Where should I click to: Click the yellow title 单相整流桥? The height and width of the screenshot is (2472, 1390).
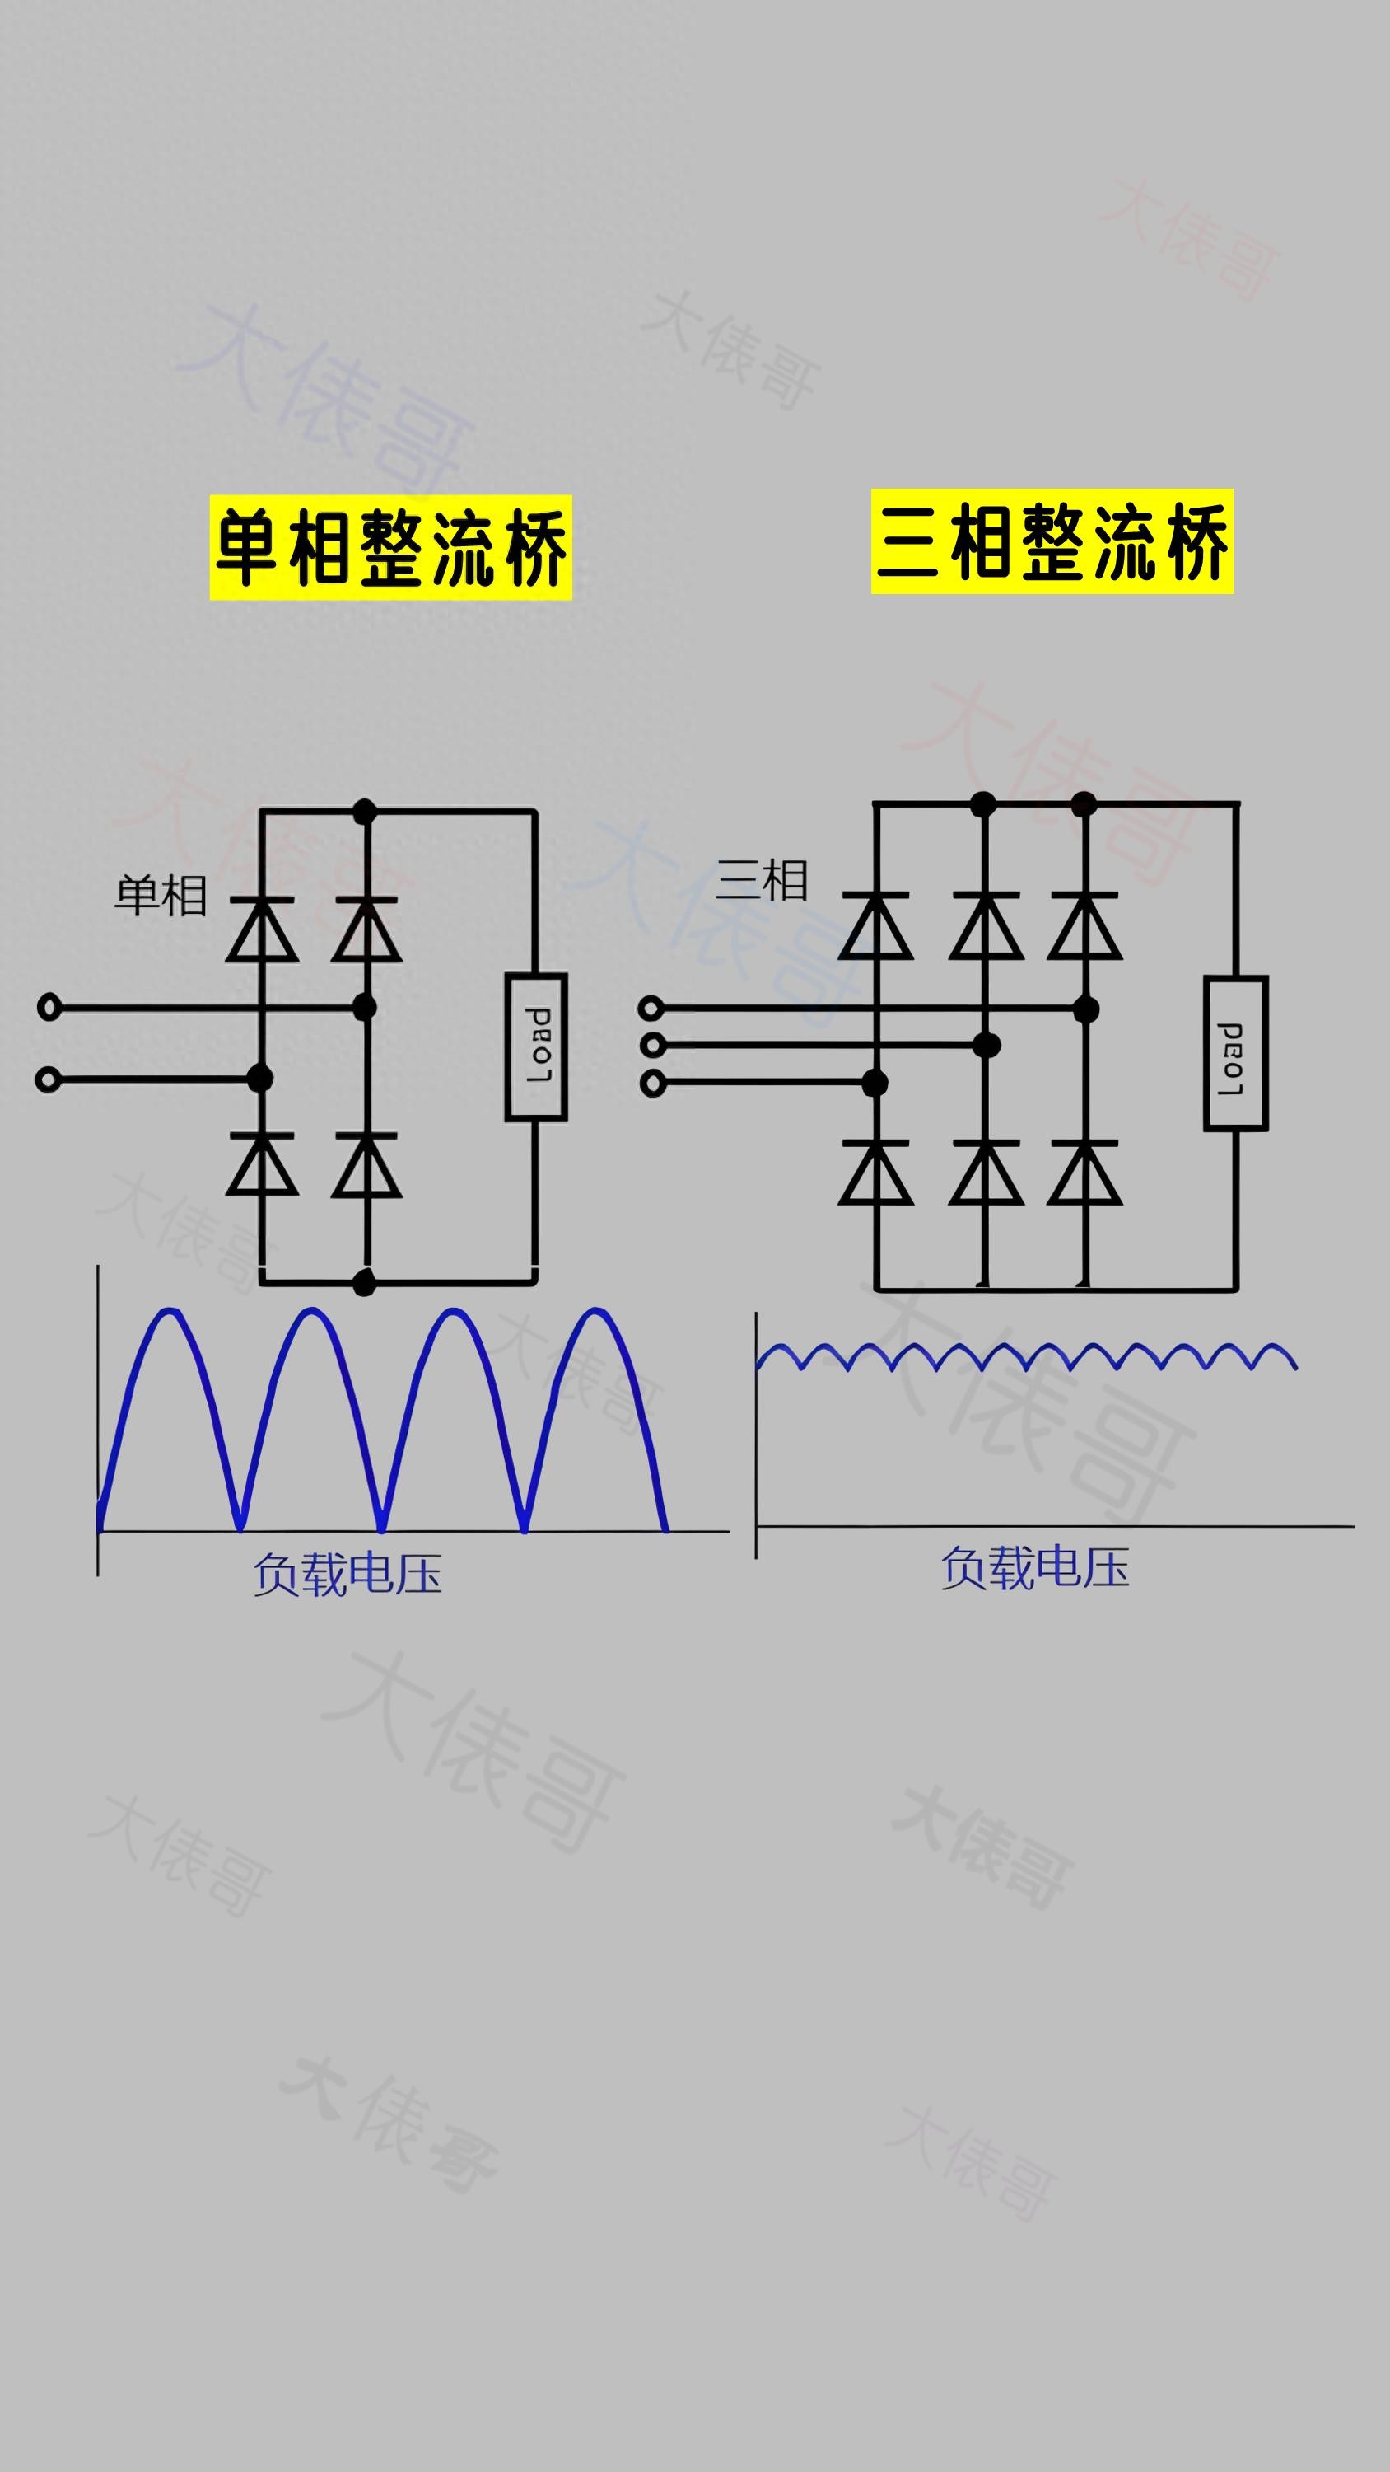pos(390,547)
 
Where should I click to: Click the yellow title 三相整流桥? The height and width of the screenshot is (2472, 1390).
pos(1052,541)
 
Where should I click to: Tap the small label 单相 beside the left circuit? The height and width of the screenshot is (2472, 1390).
pos(161,896)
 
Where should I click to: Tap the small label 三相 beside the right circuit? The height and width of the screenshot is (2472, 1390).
pos(762,880)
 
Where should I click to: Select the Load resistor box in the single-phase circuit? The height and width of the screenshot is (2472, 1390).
pos(536,1047)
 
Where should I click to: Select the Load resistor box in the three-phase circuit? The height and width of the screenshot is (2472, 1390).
pos(1235,1053)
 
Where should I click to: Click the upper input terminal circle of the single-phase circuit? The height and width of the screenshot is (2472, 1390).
pos(49,1008)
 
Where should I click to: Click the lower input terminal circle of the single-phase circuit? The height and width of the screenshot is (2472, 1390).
pos(48,1079)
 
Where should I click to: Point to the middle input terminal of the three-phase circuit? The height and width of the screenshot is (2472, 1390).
pos(652,1045)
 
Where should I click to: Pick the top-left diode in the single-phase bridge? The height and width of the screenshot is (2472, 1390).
pos(262,929)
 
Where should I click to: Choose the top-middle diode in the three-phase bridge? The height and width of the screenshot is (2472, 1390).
pos(985,926)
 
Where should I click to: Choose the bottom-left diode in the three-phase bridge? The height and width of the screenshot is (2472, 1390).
pos(875,1173)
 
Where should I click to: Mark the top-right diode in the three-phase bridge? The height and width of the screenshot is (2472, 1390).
pos(1084,926)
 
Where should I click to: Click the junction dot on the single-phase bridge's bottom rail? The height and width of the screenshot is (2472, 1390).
pos(365,1282)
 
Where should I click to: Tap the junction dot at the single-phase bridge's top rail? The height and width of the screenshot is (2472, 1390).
pos(365,812)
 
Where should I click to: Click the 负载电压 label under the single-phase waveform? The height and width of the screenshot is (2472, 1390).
pos(347,1575)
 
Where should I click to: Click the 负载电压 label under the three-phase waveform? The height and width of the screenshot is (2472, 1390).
pos(1034,1568)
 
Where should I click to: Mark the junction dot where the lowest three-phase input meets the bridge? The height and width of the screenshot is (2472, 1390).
pos(875,1084)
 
